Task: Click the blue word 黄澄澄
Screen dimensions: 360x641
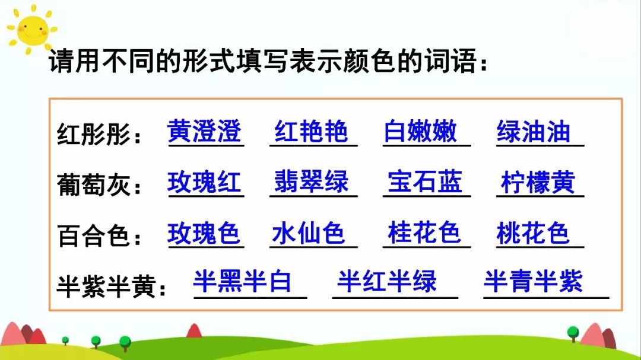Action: [205, 131]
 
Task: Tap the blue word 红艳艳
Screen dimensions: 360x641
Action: [311, 131]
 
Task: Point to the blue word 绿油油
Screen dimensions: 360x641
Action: [533, 132]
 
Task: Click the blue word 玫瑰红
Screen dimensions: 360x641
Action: [205, 182]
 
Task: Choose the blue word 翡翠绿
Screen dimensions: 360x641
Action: [311, 182]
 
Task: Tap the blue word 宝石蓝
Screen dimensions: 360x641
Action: [424, 182]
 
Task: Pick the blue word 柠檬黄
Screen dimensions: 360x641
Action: [538, 183]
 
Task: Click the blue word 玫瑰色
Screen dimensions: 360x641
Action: [204, 234]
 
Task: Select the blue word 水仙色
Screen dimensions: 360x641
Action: [308, 234]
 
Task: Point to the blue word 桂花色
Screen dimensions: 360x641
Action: [424, 232]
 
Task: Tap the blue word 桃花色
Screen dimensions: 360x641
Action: [532, 234]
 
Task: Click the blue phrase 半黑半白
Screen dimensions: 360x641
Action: [242, 282]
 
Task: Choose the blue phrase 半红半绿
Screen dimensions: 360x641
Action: [387, 282]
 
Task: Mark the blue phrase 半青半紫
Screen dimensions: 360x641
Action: [533, 282]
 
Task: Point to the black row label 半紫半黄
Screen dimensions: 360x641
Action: [107, 286]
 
